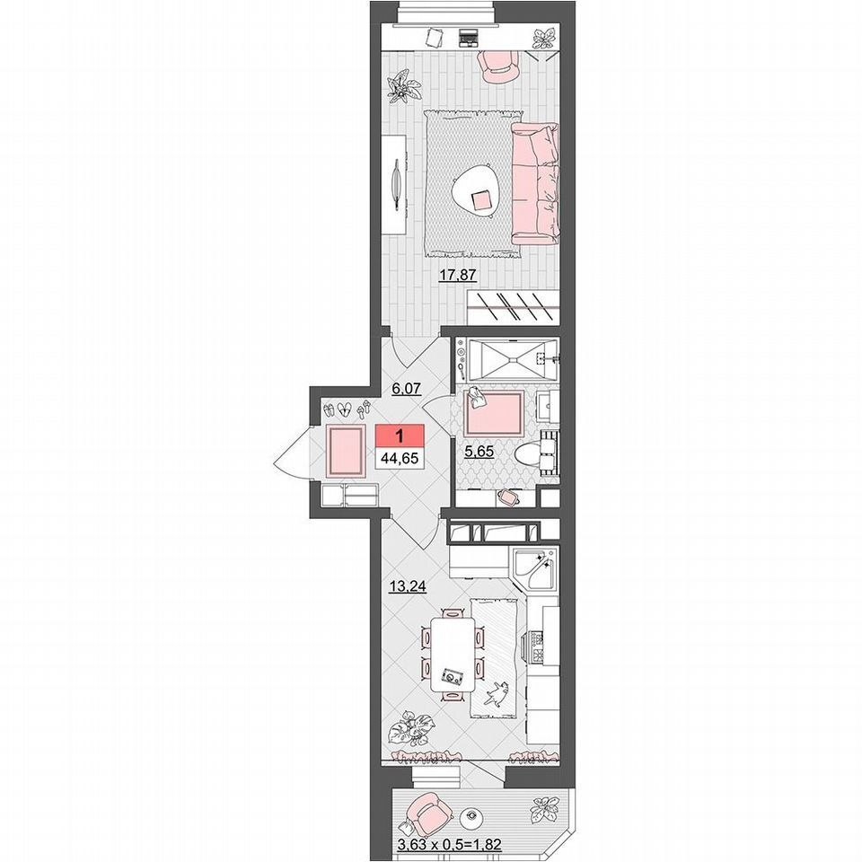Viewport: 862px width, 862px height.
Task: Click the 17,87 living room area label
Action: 457,275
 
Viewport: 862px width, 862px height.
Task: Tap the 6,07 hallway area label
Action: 406,389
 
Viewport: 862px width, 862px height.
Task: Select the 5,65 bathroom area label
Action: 479,452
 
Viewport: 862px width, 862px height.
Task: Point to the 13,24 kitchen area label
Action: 408,587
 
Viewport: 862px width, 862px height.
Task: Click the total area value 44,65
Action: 399,457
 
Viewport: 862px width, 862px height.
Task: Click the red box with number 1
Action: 399,435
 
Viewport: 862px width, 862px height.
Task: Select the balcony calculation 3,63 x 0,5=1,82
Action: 449,845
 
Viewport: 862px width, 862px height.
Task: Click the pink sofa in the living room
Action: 535,183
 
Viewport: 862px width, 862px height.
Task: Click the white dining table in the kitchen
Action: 453,655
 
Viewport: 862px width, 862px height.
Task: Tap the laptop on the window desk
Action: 469,38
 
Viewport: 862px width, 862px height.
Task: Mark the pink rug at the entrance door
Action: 345,451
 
